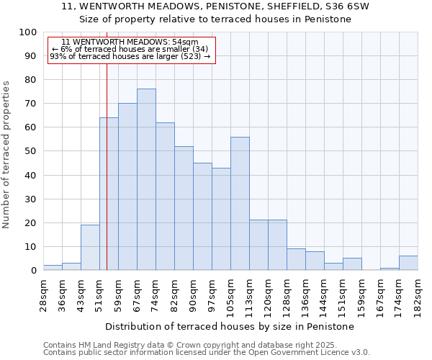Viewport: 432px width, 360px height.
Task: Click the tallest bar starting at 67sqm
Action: click(146, 179)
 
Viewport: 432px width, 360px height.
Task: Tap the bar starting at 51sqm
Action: click(109, 194)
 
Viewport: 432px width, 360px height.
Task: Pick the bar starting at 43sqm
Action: click(90, 247)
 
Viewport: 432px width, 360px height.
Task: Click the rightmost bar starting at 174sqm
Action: click(408, 263)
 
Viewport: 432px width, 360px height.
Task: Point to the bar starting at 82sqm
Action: click(184, 208)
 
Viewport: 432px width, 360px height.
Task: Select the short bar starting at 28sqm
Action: click(53, 267)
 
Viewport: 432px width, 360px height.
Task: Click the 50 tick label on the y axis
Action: click(31, 151)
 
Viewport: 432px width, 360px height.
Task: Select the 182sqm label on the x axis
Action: click(418, 294)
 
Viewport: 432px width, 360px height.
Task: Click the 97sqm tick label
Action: click(212, 294)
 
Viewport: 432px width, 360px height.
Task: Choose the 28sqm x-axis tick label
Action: click(43, 294)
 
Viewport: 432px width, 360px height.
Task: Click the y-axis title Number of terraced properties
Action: click(6, 154)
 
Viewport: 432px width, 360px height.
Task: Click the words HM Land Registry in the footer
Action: click(104, 345)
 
